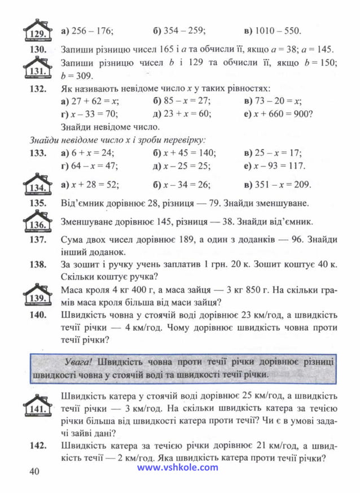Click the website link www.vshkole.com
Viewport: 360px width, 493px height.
(177, 467)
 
